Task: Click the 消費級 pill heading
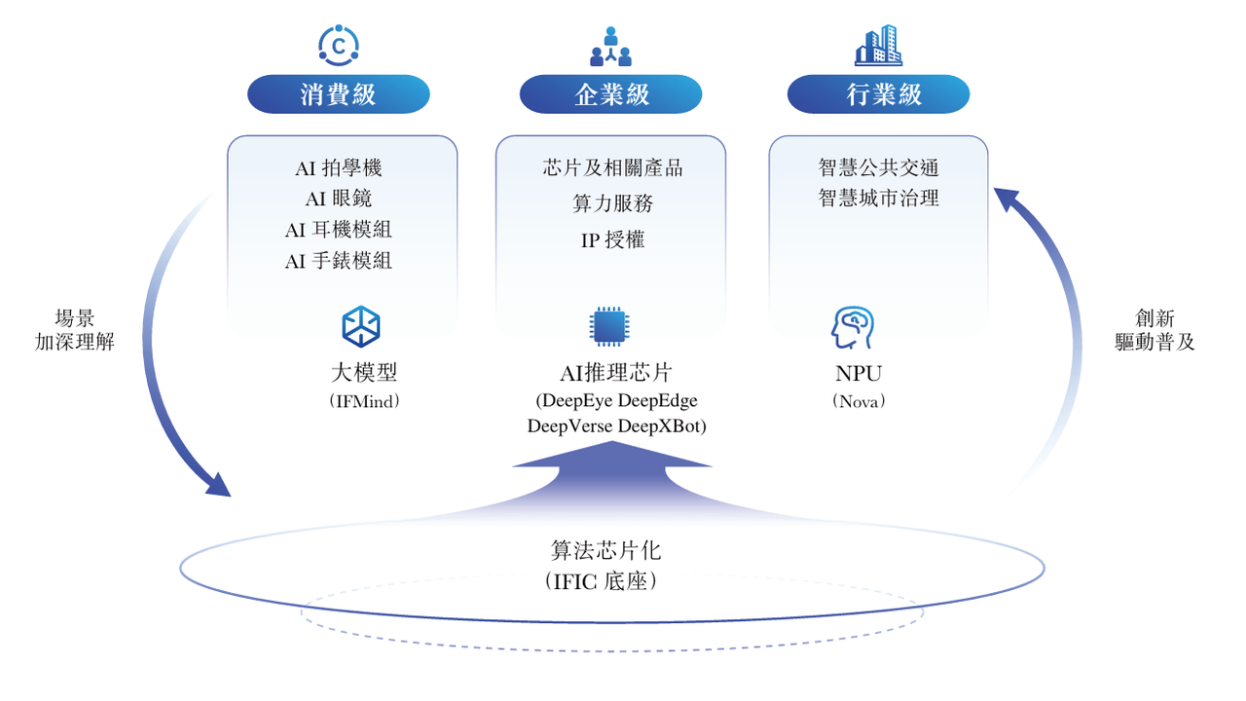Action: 338,94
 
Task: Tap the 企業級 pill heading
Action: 610,94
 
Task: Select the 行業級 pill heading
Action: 878,94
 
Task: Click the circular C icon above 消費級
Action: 339,46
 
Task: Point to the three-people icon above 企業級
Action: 610,46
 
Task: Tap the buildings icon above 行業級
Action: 878,45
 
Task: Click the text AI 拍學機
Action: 338,168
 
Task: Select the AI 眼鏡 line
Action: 338,199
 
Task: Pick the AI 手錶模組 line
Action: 338,260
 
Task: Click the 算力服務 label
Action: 612,203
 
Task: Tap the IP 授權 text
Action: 612,240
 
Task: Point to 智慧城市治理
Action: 878,198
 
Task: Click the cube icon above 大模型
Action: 361,326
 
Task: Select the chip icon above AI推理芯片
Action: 609,326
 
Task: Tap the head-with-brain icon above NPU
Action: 853,328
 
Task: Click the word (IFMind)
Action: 364,401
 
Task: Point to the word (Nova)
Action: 859,401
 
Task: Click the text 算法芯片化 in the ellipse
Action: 605,551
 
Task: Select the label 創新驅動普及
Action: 1154,330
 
